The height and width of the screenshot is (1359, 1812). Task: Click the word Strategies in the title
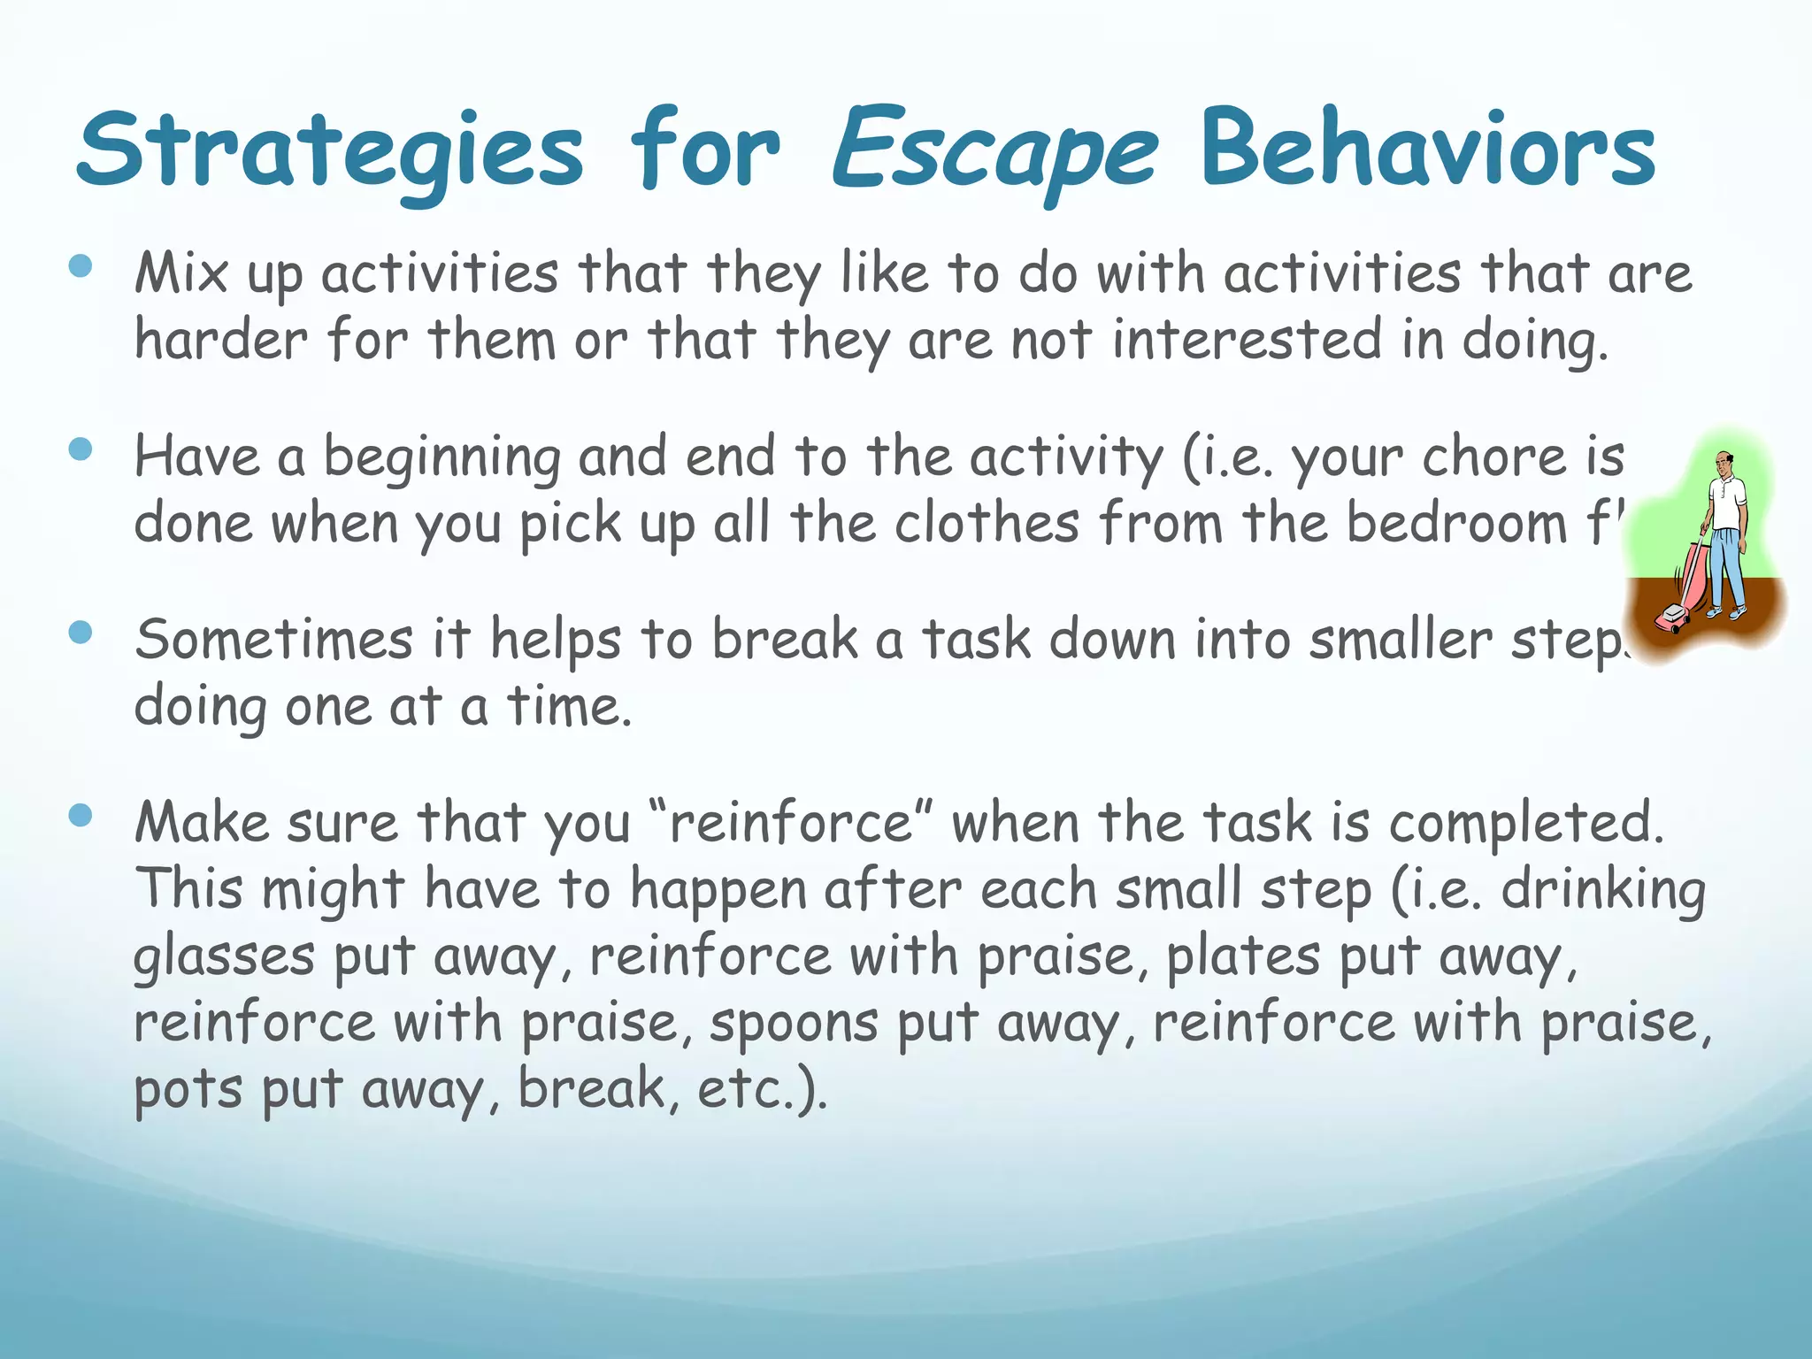pyautogui.click(x=329, y=150)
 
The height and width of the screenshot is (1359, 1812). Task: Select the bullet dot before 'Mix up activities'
pyautogui.click(x=81, y=265)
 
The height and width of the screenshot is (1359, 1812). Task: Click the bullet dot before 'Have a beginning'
pyautogui.click(x=81, y=449)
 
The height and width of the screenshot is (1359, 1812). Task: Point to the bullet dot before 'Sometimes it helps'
pyautogui.click(x=81, y=632)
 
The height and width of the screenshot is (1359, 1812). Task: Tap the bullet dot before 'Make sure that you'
pyautogui.click(x=81, y=815)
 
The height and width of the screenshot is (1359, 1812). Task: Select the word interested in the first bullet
pyautogui.click(x=1246, y=340)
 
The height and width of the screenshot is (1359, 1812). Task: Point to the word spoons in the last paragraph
pyautogui.click(x=794, y=1024)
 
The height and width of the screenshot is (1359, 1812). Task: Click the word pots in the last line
pyautogui.click(x=188, y=1090)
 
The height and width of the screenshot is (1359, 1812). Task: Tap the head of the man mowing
pyautogui.click(x=1723, y=463)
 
